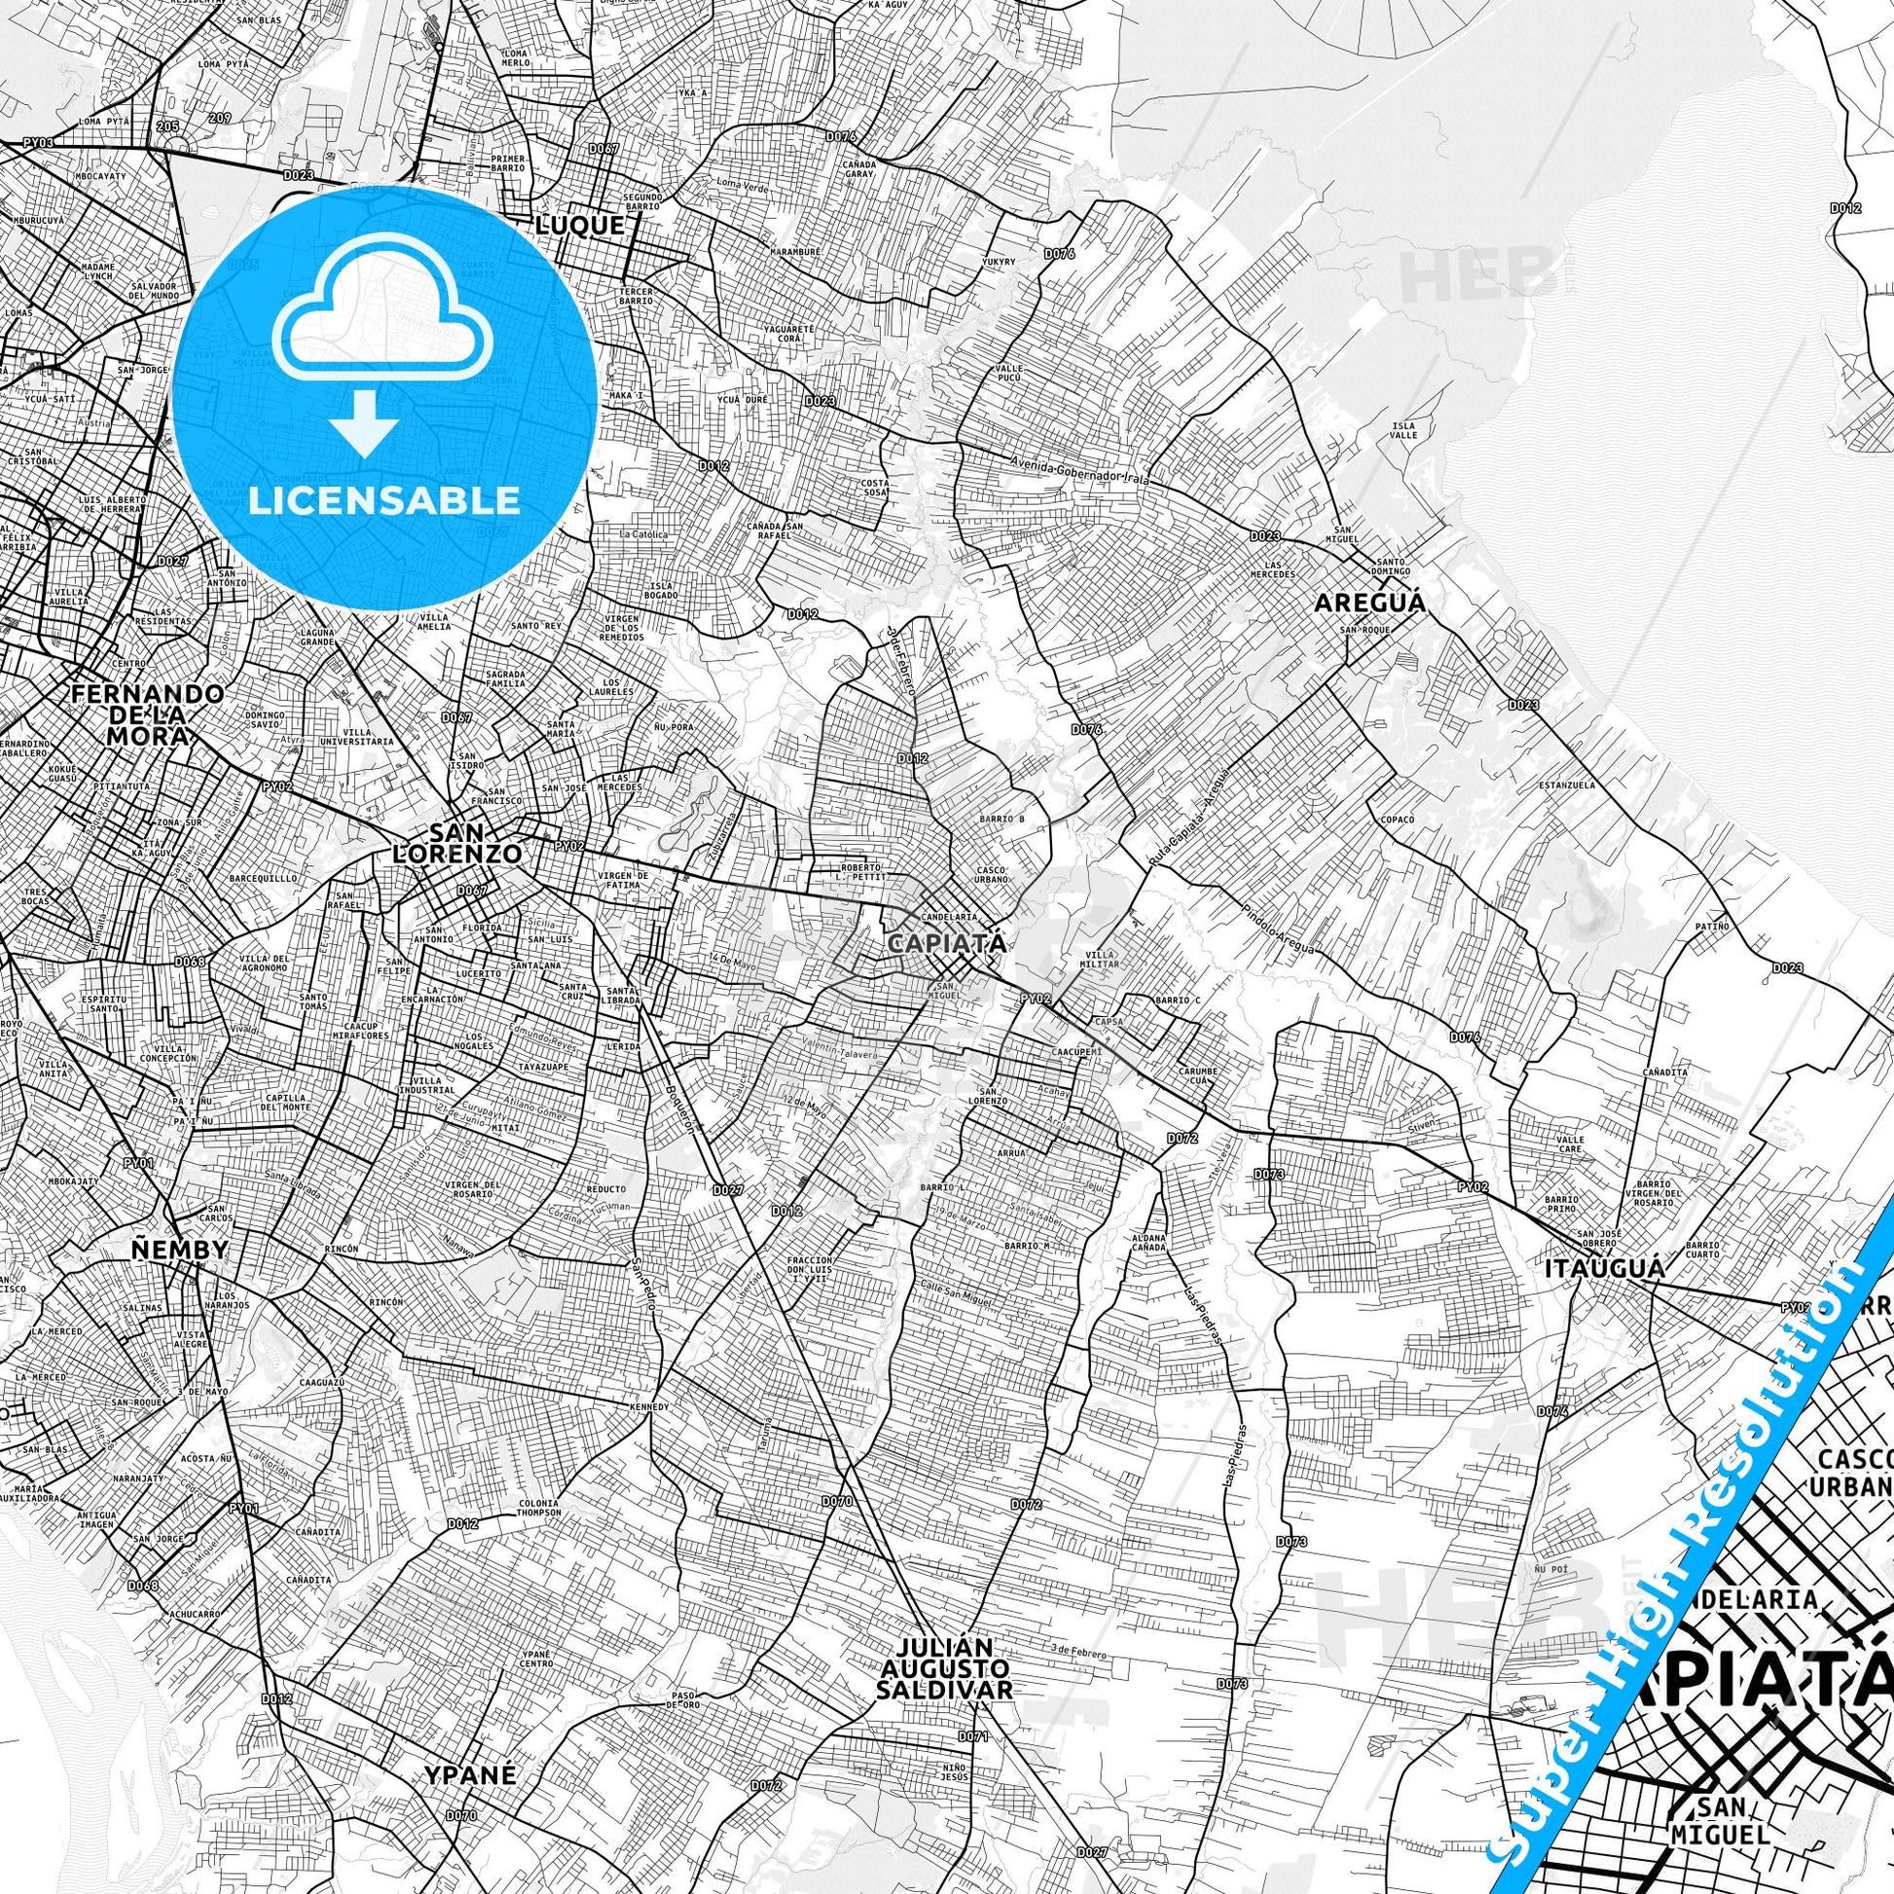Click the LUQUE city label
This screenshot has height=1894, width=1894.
579,226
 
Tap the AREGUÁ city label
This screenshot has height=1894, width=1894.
1369,601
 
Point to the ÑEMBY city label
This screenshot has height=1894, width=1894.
179,1249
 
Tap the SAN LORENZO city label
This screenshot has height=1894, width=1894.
455,845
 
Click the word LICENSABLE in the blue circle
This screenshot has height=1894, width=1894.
384,500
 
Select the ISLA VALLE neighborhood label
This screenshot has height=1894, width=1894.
1403,430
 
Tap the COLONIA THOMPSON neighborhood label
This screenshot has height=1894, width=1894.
540,1508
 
